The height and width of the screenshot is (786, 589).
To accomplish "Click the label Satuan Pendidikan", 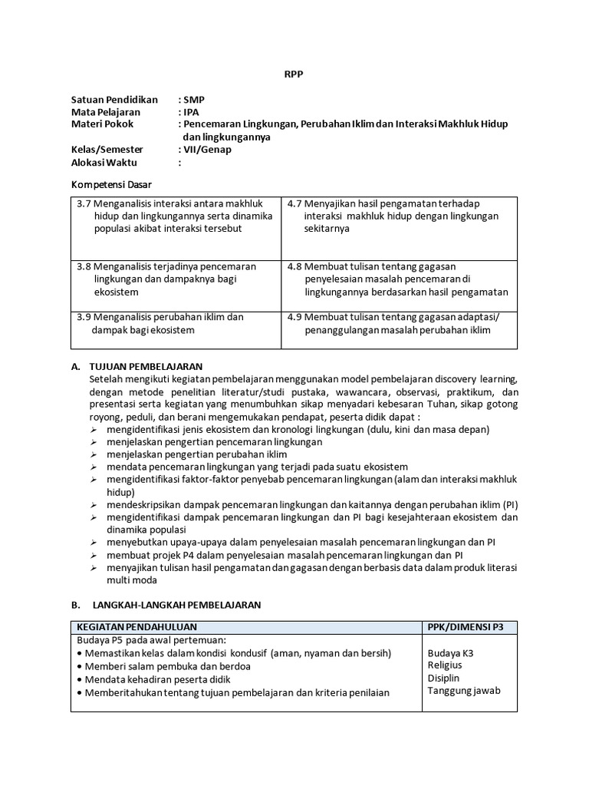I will [114, 100].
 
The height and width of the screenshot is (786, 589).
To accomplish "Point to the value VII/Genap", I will [207, 150].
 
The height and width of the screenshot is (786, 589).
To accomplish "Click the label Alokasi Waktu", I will [107, 162].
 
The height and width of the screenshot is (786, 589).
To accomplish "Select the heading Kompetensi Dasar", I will [111, 185].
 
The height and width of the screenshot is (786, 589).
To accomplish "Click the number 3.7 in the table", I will [84, 203].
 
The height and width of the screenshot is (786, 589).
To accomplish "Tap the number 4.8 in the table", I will [295, 266].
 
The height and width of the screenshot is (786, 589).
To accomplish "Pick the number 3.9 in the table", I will [84, 317].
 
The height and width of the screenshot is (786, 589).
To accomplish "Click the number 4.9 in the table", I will [295, 317].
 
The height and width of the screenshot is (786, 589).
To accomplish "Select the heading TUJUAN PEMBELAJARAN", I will [146, 366].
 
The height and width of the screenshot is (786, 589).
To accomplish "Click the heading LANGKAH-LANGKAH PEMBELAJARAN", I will [176, 605].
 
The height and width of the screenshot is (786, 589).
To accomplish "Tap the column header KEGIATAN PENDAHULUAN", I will [137, 627].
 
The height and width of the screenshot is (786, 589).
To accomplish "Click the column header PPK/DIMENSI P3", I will [466, 627].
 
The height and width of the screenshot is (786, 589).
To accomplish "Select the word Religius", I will [445, 665].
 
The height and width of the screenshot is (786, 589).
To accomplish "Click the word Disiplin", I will [444, 678].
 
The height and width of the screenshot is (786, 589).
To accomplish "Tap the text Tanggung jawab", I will [464, 690].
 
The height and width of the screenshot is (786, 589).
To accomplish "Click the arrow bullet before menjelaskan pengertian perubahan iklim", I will [94, 454].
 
